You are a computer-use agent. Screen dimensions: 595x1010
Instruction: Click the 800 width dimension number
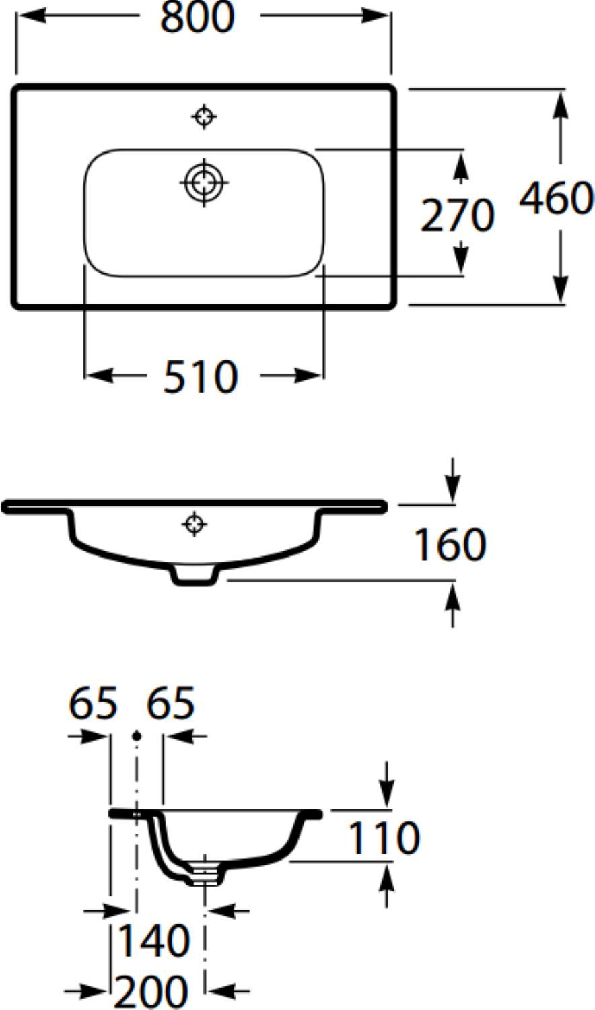(x=197, y=17)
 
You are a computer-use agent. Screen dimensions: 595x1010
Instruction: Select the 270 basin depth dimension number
(x=457, y=215)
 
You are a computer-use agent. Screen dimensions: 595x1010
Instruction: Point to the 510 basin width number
(x=200, y=376)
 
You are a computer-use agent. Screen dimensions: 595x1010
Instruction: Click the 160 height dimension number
(x=450, y=545)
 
